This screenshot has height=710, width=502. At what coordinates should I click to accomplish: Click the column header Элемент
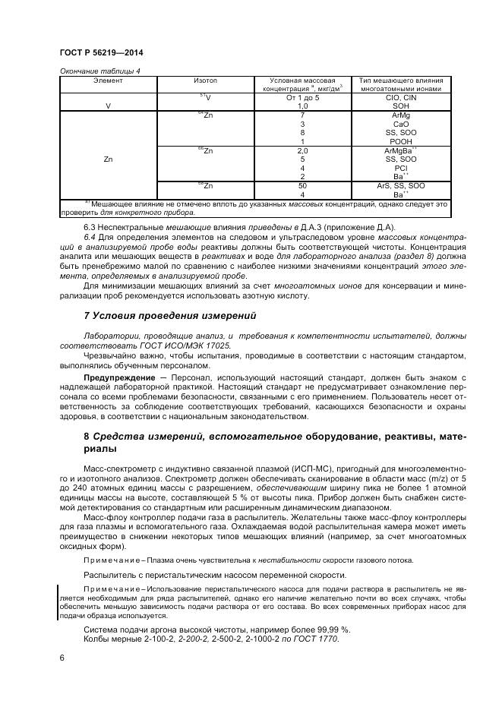pyautogui.click(x=108, y=80)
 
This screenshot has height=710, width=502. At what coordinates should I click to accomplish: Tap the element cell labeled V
pyautogui.click(x=108, y=106)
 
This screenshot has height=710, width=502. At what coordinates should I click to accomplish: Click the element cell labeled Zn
pyautogui.click(x=108, y=159)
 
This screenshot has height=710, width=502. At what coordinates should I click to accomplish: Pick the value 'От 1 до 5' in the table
pyautogui.click(x=302, y=98)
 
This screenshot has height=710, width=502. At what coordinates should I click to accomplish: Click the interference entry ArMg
pyautogui.click(x=401, y=115)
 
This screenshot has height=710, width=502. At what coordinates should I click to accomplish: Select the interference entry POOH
pyautogui.click(x=401, y=141)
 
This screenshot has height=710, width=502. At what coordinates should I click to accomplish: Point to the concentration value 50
pyautogui.click(x=302, y=185)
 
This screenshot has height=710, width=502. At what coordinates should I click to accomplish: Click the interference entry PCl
pyautogui.click(x=401, y=168)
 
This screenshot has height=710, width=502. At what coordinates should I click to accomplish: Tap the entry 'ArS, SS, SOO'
pyautogui.click(x=401, y=185)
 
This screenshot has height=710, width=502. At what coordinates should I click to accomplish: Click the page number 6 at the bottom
pyautogui.click(x=62, y=658)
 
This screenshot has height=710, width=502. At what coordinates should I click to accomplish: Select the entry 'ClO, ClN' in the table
pyautogui.click(x=401, y=98)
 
